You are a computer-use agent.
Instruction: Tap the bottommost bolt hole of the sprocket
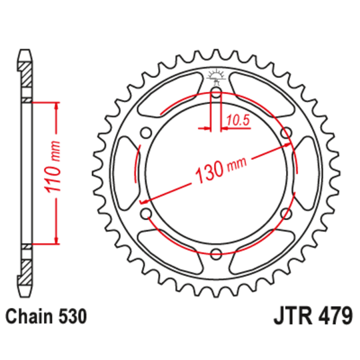tap(216, 253)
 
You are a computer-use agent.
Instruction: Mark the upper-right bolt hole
tap(287, 133)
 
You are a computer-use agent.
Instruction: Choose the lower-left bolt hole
tap(146, 213)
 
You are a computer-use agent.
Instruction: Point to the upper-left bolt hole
tap(146, 133)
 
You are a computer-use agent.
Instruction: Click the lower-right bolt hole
tap(287, 213)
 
